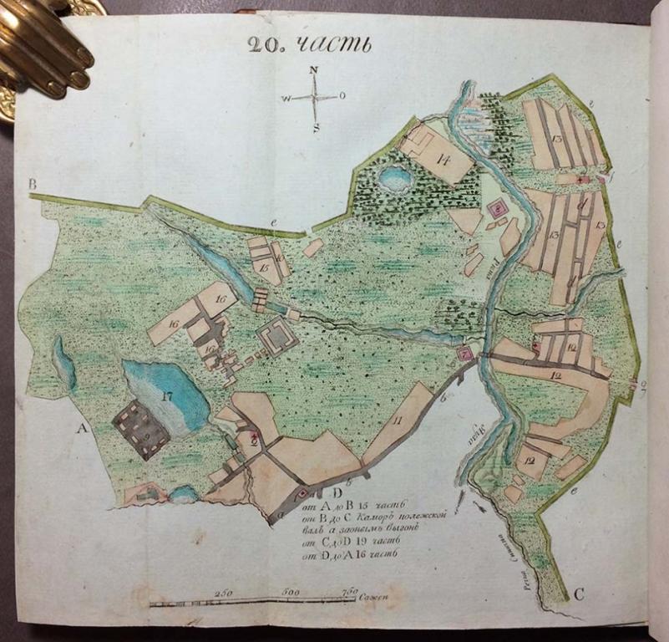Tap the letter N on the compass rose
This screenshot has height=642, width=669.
pyautogui.click(x=314, y=70)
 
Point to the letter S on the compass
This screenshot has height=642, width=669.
pyautogui.click(x=317, y=128)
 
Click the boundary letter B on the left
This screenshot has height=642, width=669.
pyautogui.click(x=33, y=184)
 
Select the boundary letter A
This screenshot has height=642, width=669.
pyautogui.click(x=82, y=428)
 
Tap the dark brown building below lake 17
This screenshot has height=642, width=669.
pyautogui.click(x=140, y=429)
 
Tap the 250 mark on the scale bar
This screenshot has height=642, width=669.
pyautogui.click(x=221, y=592)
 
